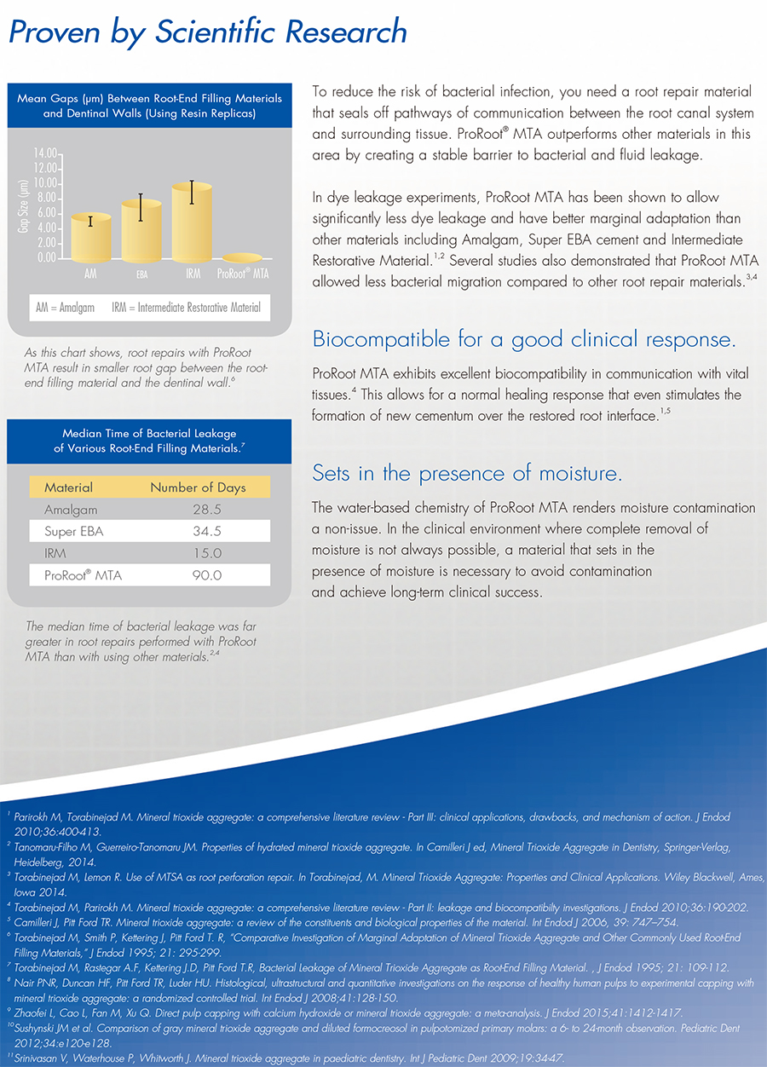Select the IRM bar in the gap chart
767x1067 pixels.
click(x=193, y=226)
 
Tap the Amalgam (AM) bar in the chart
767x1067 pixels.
click(x=90, y=240)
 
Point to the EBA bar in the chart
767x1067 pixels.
click(x=141, y=234)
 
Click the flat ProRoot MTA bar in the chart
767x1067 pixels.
click(x=241, y=258)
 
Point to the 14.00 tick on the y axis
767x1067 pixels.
click(x=47, y=153)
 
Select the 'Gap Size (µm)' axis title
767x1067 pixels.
click(x=24, y=205)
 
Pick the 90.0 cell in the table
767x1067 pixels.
click(x=207, y=575)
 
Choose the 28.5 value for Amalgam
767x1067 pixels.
click(x=207, y=510)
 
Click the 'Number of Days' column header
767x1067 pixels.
click(x=198, y=487)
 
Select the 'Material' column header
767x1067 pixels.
click(x=68, y=487)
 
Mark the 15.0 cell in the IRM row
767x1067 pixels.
click(x=207, y=553)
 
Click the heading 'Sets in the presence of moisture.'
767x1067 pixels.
click(x=466, y=473)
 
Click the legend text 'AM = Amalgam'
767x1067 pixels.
click(x=66, y=307)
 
